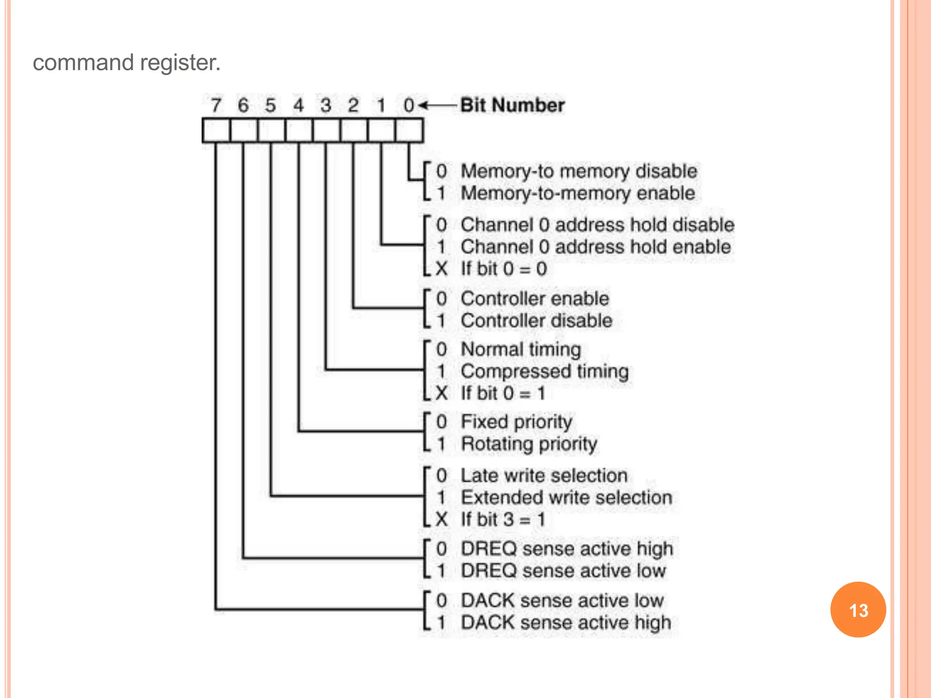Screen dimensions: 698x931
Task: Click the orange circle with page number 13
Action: tap(858, 609)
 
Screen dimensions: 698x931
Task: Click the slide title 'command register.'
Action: tap(126, 63)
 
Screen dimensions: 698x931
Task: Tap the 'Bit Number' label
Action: tap(512, 105)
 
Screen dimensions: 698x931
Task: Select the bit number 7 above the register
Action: tap(216, 105)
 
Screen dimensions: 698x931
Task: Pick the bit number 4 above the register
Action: tap(298, 105)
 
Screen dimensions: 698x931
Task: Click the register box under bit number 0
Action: tap(409, 131)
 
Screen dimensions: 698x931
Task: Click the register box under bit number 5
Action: tap(271, 131)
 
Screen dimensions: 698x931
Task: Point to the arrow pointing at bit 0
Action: tap(436, 105)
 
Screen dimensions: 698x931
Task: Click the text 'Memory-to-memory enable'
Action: tap(577, 194)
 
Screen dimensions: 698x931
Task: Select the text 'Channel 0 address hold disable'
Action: tap(597, 225)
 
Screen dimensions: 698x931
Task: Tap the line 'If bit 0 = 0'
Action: tap(503, 269)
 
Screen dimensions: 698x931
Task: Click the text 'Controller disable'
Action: tap(536, 321)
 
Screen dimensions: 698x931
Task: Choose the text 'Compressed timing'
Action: tap(545, 371)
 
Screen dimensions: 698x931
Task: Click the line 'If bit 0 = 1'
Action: tap(502, 393)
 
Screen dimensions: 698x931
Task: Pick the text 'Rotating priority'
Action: tap(529, 444)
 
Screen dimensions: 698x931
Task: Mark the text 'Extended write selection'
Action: tap(566, 498)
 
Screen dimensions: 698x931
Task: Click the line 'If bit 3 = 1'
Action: tap(502, 519)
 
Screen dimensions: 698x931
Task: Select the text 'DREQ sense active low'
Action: tap(563, 571)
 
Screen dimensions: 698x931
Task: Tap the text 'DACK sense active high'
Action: tap(566, 623)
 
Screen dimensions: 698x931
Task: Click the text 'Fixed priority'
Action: tap(516, 422)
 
